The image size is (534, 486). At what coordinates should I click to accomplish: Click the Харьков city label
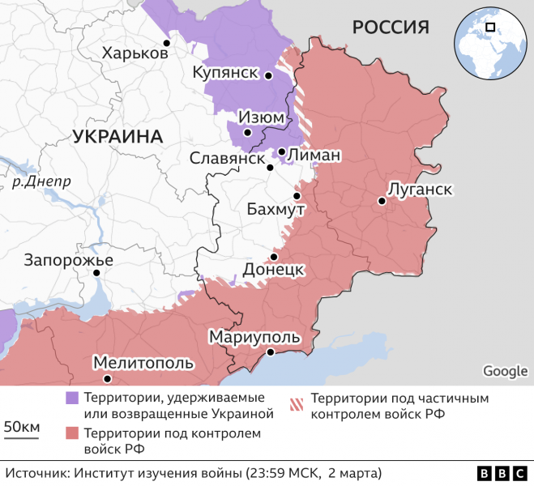pyautogui.click(x=135, y=53)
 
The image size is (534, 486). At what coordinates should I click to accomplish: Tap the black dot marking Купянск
pyautogui.click(x=268, y=75)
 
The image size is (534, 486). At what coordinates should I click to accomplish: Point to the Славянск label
pyautogui.click(x=227, y=158)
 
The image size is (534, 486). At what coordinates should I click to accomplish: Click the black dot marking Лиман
pyautogui.click(x=281, y=151)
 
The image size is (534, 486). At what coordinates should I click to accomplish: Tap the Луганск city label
pyautogui.click(x=420, y=189)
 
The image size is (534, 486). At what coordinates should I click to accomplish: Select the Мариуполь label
pyautogui.click(x=254, y=337)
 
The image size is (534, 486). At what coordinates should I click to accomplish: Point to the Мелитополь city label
pyautogui.click(x=142, y=362)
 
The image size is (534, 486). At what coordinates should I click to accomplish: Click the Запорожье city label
pyautogui.click(x=69, y=260)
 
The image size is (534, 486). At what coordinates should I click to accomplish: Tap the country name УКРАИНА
pyautogui.click(x=117, y=136)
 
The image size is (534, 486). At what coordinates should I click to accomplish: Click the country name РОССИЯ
pyautogui.click(x=390, y=28)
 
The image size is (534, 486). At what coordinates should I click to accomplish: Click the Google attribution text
pyautogui.click(x=505, y=371)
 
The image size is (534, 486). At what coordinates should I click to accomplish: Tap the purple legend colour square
pyautogui.click(x=72, y=398)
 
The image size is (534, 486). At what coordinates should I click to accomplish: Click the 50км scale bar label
pyautogui.click(x=22, y=427)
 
